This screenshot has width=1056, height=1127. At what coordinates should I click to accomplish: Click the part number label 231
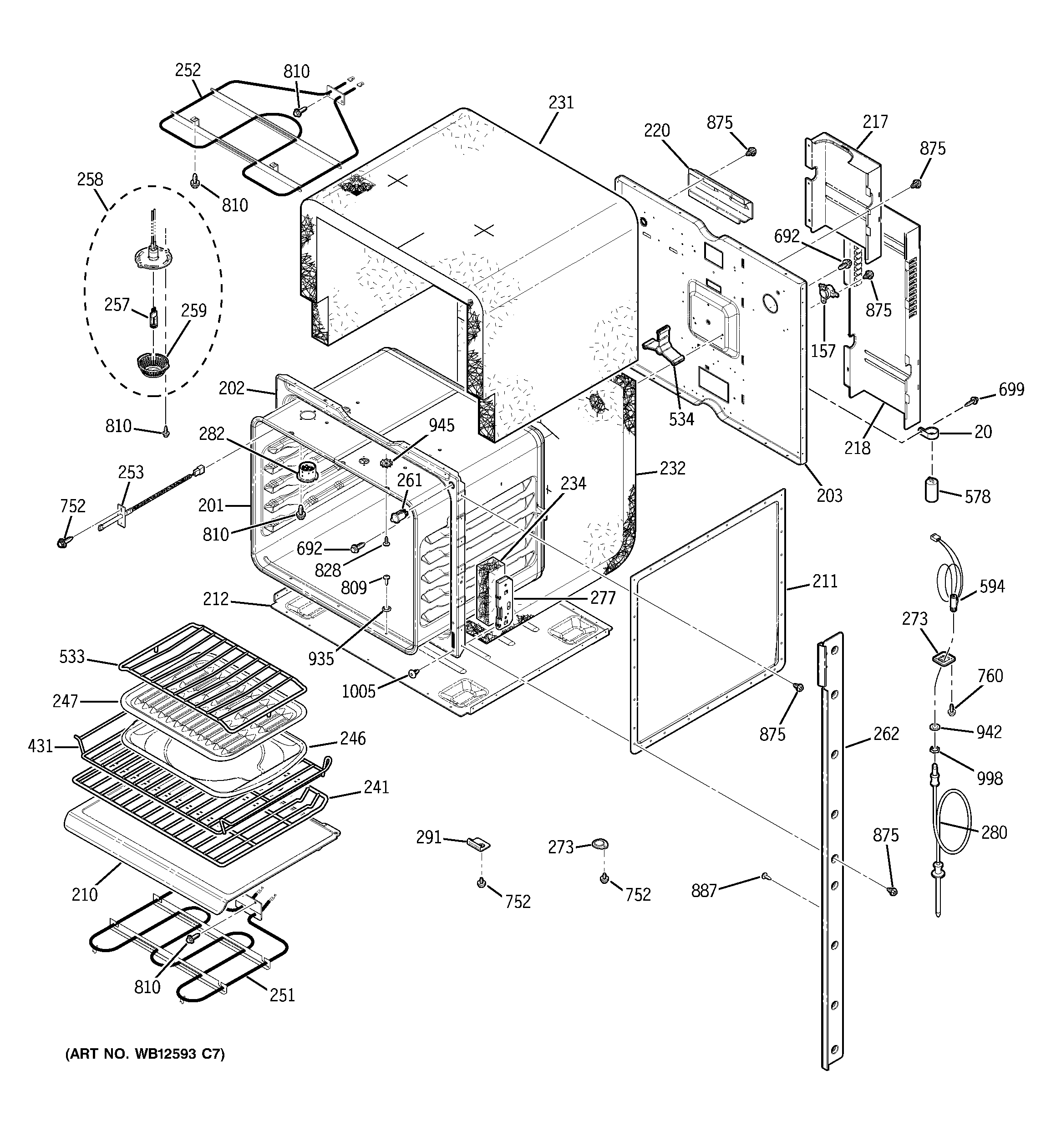point(561,102)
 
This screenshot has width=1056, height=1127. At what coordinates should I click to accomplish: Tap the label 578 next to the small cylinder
point(977,497)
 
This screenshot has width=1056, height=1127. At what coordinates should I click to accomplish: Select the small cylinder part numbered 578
point(931,489)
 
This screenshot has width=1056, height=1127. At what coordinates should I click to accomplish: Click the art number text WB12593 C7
point(145,1054)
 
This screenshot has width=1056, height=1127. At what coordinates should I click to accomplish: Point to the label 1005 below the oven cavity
point(358,691)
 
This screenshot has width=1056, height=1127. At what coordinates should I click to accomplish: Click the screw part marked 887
point(765,876)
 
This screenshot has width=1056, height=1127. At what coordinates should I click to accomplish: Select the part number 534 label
point(681,419)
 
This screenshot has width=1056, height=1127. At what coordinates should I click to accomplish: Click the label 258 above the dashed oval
point(90,180)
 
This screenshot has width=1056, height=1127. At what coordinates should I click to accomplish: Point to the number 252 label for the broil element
point(188,70)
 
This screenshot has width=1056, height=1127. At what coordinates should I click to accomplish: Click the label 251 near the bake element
point(282,995)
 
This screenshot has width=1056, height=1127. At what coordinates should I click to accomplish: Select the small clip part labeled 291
point(478,844)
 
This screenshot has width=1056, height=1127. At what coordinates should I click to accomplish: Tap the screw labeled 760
point(952,708)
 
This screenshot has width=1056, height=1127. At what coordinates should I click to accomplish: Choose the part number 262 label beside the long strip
point(886,734)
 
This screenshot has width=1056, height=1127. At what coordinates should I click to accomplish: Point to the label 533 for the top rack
point(72,657)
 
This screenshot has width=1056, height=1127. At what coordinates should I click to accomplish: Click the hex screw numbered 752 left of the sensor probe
point(62,542)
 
